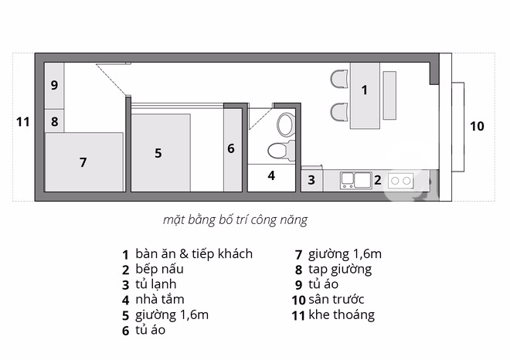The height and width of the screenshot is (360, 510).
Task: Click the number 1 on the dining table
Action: pos(365,90)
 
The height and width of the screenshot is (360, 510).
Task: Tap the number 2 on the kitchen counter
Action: pos(378,180)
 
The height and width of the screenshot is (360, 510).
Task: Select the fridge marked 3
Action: pos(311,180)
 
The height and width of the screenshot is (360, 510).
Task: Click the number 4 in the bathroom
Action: pos(271,175)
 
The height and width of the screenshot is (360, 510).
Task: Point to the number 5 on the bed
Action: pos(158,153)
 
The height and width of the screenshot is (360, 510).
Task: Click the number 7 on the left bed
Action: pos(83,162)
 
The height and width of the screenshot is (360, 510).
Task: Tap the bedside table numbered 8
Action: pos(54,121)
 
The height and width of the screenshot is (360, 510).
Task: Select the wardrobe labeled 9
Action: pos(54,85)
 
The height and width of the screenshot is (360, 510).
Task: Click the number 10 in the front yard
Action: pos(477,125)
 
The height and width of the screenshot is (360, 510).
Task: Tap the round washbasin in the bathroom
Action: pos(285,124)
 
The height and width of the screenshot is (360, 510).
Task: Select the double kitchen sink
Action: pos(355,181)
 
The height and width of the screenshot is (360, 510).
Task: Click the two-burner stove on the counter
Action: pos(401,181)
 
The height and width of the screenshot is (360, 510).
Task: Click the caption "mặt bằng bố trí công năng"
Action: pos(235,219)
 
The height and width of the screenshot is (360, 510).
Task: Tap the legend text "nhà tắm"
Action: pos(160,299)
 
